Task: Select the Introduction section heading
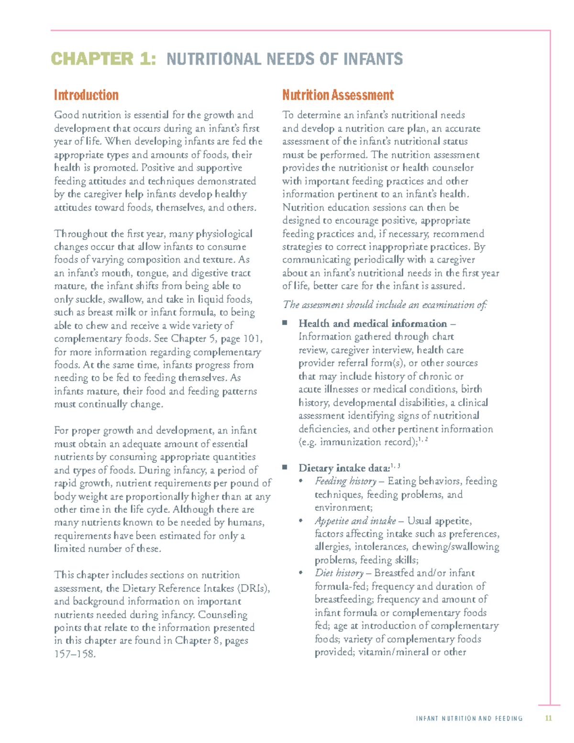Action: [86, 95]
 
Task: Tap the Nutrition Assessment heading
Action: [338, 95]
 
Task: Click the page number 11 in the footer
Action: [549, 718]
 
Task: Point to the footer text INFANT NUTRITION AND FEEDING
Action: [469, 719]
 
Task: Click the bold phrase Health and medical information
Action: [373, 323]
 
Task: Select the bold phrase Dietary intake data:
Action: [344, 468]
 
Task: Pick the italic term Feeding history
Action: [345, 481]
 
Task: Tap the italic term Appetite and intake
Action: [355, 521]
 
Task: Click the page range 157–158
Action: [75, 654]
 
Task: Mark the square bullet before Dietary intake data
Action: [285, 467]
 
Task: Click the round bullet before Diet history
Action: [301, 573]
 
